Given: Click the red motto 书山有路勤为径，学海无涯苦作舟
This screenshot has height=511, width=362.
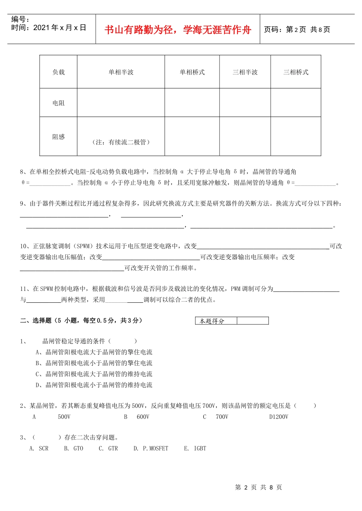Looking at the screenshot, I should click(x=178, y=30).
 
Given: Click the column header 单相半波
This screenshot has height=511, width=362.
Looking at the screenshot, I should click(x=121, y=72).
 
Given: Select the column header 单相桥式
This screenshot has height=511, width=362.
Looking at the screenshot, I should click(x=192, y=72).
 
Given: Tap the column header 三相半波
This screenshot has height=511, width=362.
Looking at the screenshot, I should click(x=245, y=72).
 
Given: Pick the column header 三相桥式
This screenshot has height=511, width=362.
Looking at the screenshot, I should click(x=296, y=72).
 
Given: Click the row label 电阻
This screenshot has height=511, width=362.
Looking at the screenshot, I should click(x=59, y=103).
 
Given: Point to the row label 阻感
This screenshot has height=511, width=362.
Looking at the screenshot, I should click(x=59, y=137).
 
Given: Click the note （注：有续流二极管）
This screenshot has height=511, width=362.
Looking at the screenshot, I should click(x=121, y=142).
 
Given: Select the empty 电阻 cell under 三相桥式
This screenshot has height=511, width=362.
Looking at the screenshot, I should click(x=296, y=103).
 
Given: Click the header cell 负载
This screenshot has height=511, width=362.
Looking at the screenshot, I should click(x=59, y=72).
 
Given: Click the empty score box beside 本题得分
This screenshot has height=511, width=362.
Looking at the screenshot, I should click(x=253, y=321).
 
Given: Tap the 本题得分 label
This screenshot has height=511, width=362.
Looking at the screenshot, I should click(x=212, y=321).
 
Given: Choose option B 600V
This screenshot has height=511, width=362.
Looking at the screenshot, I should click(x=137, y=417).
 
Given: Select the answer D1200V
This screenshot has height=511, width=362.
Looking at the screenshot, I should click(x=279, y=417).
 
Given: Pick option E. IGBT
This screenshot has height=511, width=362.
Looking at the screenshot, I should click(x=195, y=449).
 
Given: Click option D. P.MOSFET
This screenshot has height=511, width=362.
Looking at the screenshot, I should click(x=151, y=449).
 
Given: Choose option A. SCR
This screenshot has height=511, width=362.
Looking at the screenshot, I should click(x=39, y=449).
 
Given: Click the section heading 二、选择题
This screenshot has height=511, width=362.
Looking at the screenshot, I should click(x=36, y=321).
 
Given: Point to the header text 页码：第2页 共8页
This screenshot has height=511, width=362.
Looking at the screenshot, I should click(x=297, y=30).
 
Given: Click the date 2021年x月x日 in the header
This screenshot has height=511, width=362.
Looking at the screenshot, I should click(x=60, y=28).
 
